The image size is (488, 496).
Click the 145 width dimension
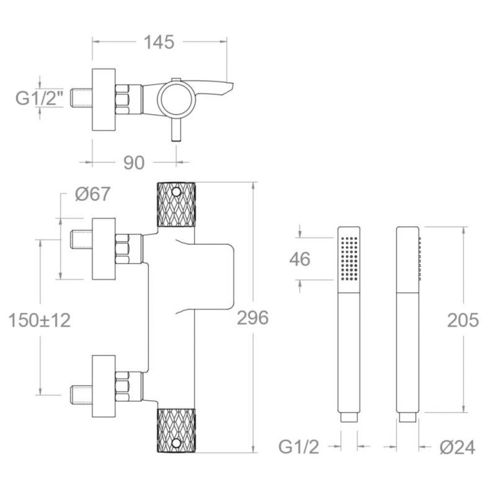(159, 42)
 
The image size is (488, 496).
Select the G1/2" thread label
(40, 98)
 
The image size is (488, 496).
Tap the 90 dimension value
(134, 163)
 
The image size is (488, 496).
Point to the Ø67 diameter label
(92, 194)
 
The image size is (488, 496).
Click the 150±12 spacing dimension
(40, 320)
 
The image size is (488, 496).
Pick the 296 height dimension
(253, 318)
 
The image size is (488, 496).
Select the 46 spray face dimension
(300, 259)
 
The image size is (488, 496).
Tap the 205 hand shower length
(463, 320)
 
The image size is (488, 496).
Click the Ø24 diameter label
(457, 447)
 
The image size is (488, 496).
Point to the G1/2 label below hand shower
(299, 447)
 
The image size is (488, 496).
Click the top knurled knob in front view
(177, 205)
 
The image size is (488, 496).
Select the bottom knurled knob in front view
(177, 430)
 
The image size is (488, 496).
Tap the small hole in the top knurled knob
(177, 192)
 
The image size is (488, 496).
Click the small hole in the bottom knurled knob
(177, 443)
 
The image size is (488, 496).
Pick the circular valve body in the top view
(177, 99)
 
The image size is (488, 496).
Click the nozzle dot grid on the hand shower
(349, 258)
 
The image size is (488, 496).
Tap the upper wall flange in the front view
(104, 249)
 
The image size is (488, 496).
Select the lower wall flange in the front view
(104, 386)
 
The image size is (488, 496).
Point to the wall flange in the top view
(104, 99)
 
